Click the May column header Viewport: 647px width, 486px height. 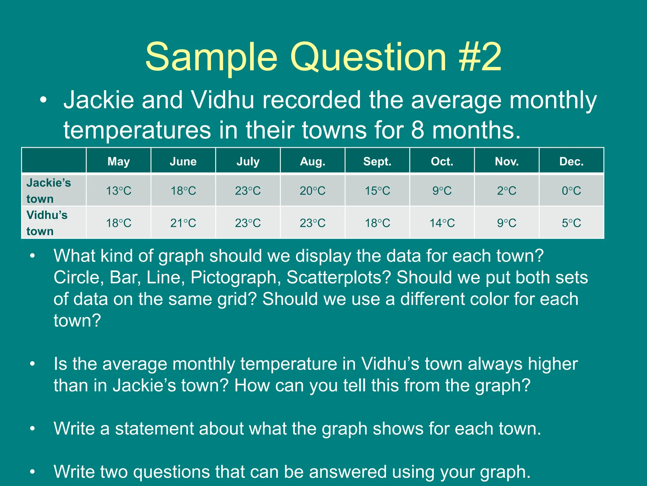click(118, 161)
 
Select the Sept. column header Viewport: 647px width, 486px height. click(377, 161)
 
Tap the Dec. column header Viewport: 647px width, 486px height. click(571, 161)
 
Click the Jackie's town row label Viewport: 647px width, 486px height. click(49, 190)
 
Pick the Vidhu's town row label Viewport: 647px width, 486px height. click(47, 223)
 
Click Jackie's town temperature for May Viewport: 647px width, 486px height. click(118, 190)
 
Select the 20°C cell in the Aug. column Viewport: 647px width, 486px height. click(312, 190)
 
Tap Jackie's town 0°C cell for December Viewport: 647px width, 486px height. click(571, 190)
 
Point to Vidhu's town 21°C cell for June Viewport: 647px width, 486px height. click(183, 223)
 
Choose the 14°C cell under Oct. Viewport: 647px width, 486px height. click(442, 223)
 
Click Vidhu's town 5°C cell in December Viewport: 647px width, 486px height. click(571, 223)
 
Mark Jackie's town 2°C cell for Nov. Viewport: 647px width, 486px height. click(507, 190)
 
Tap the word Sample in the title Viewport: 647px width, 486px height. click(211, 57)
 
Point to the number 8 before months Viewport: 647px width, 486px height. click(418, 130)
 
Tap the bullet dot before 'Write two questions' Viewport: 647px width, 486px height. click(32, 472)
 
